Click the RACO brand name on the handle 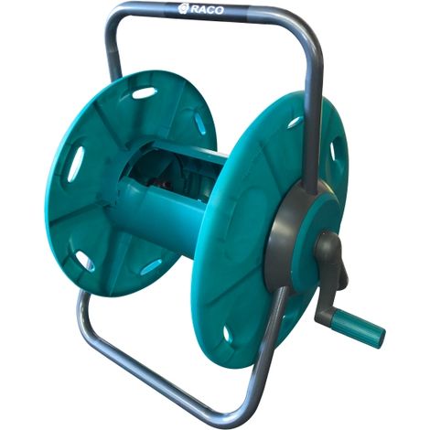208,10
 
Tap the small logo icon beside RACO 183,8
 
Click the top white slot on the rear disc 144,92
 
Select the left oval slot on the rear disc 75,164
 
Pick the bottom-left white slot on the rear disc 84,261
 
